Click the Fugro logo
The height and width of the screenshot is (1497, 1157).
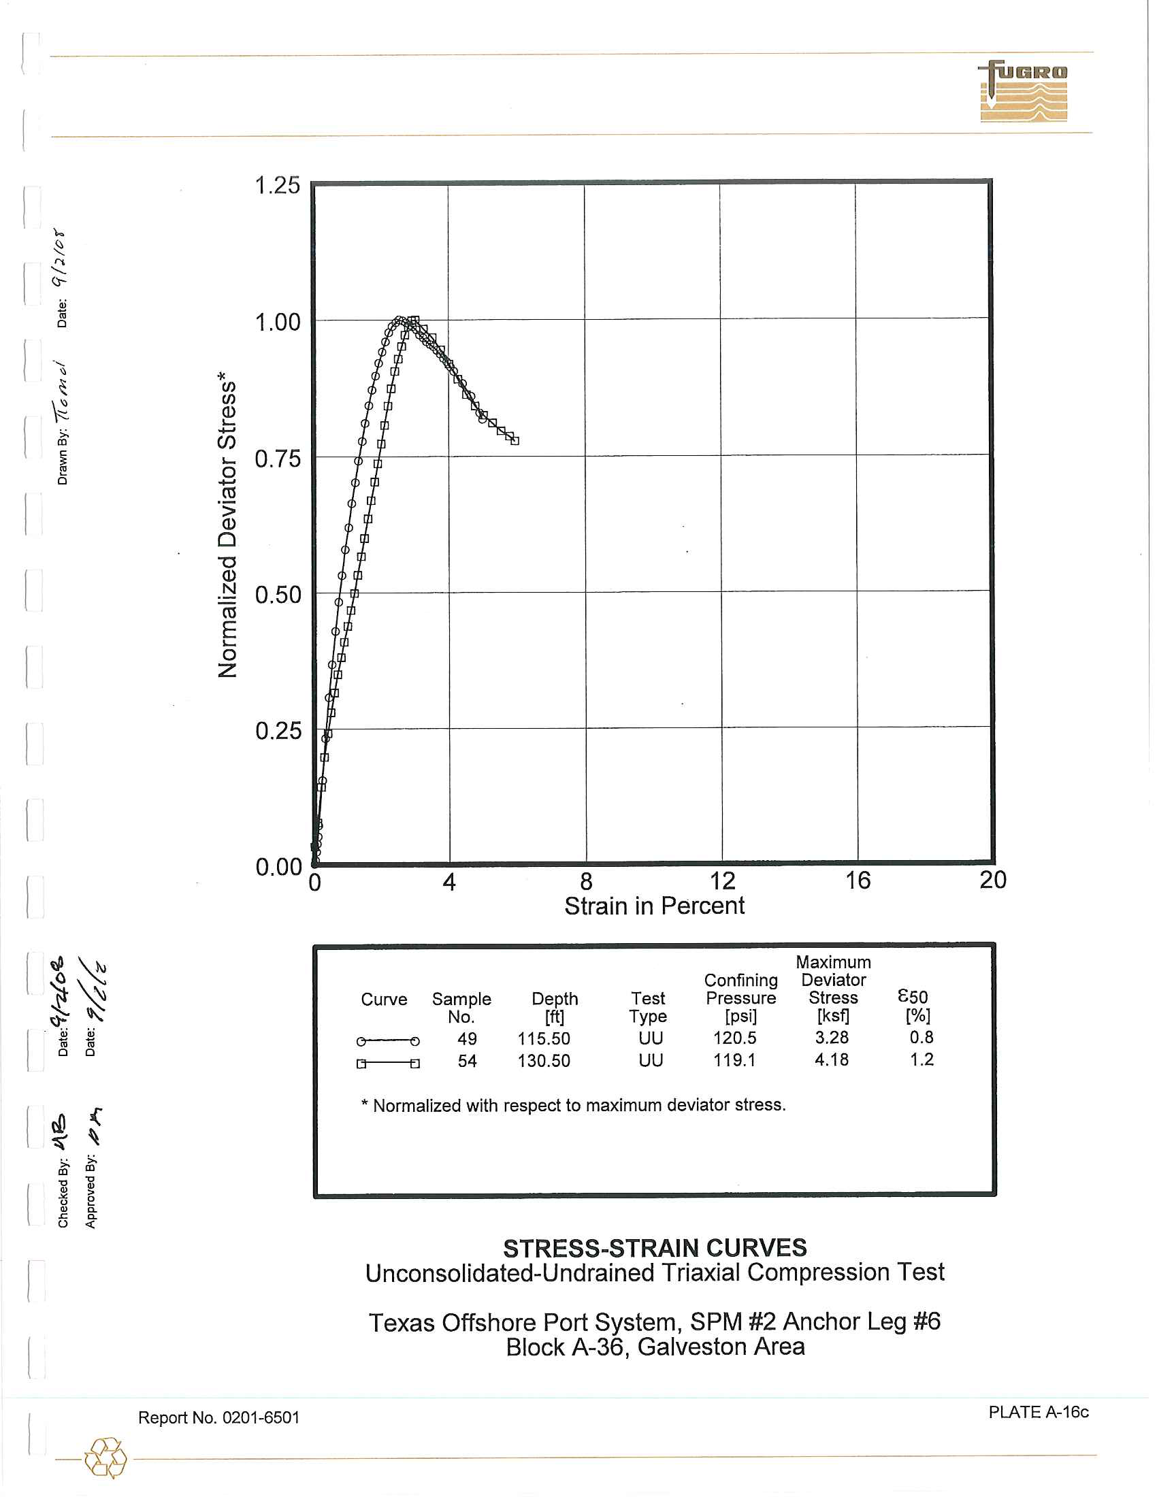(1023, 91)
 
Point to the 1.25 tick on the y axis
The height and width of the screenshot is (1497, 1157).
(277, 186)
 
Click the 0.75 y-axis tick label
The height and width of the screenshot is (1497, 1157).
(277, 459)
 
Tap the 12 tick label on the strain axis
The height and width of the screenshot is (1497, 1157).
(721, 881)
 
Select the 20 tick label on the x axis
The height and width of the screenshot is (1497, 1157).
(992, 880)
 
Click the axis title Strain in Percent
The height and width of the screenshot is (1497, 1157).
(654, 906)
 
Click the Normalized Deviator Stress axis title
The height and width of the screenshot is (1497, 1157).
(227, 525)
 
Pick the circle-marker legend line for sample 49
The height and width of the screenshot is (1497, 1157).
(388, 1041)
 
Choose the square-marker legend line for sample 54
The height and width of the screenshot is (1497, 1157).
(388, 1064)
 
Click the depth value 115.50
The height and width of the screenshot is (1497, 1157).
(544, 1039)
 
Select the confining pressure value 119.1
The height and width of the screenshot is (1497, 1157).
(734, 1060)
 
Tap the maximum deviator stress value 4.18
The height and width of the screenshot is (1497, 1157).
(832, 1059)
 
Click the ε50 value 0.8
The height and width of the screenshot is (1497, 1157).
(922, 1037)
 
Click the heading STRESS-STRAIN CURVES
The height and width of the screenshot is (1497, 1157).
(655, 1248)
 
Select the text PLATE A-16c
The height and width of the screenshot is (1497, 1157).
(1038, 1412)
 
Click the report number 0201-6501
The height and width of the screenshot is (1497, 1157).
(218, 1417)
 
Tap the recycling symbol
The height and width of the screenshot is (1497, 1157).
(105, 1458)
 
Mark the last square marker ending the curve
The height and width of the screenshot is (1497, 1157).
(515, 441)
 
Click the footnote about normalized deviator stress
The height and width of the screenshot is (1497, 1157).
(573, 1105)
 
